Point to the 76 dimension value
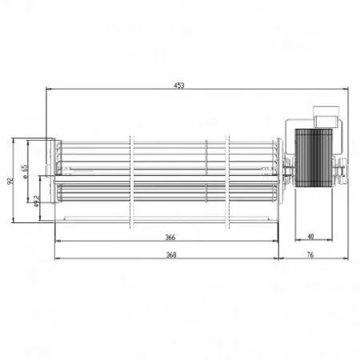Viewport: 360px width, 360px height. pos(310,255)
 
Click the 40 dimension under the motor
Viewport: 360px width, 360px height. pos(310,237)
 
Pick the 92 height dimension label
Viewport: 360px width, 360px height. pos(10,181)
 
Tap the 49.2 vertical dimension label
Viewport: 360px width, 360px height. pos(37,199)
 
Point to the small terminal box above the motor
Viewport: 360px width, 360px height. pos(323,120)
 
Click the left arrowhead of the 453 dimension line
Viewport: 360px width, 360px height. pos(49,89)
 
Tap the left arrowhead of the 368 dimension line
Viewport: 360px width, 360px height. pos(57,259)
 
